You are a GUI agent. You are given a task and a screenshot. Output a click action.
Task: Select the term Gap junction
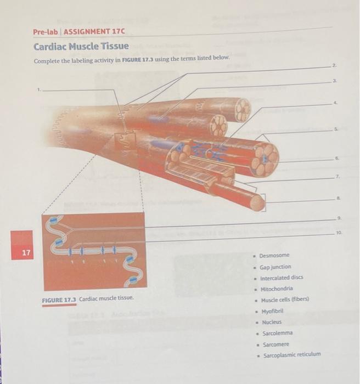coord(275,267)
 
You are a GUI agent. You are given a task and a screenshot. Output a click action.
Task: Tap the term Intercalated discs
coord(281,278)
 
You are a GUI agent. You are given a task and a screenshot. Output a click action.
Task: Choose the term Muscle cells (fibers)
coord(285,300)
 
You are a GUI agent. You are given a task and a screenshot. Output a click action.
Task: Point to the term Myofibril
coord(272,311)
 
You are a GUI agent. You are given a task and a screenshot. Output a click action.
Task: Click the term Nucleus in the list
coord(271,322)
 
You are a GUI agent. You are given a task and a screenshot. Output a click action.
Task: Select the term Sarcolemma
coord(277,333)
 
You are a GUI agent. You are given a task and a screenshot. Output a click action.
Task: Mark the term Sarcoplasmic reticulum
coord(291,355)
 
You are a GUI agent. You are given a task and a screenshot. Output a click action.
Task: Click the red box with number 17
coord(22,253)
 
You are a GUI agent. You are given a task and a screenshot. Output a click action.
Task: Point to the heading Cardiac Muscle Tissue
coord(81,46)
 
